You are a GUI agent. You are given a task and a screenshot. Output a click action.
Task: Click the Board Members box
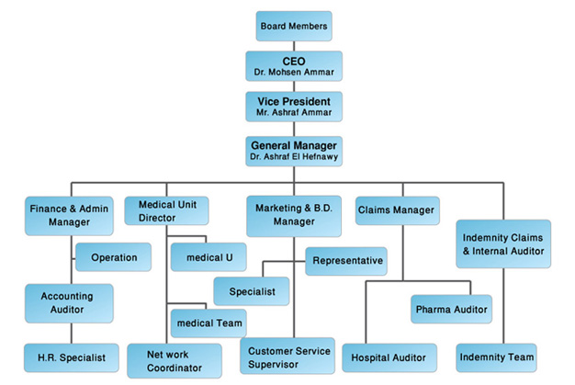point(293,26)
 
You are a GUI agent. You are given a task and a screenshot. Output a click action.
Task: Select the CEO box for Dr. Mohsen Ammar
point(293,65)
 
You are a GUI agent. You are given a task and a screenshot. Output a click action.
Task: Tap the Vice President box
point(293,106)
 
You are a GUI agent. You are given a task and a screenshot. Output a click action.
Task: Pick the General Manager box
point(293,151)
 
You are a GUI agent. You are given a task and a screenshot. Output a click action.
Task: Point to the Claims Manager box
point(395,210)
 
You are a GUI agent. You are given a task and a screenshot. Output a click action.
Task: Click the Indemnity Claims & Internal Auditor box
point(503,243)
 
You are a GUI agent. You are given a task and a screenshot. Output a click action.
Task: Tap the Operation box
point(114,257)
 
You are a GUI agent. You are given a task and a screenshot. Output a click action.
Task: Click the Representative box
point(346,261)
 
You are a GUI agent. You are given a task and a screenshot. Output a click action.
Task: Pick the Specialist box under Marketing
point(252,291)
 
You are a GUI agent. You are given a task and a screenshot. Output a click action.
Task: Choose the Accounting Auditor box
point(69,303)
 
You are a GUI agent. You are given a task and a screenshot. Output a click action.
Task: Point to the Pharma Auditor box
point(450,309)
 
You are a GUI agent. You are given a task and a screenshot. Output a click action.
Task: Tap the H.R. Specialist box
point(71,357)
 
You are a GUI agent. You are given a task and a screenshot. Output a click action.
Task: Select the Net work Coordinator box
point(173,360)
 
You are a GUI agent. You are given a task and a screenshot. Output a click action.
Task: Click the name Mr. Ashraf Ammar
point(293,112)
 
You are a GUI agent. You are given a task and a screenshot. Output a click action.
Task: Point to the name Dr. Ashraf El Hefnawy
point(293,157)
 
